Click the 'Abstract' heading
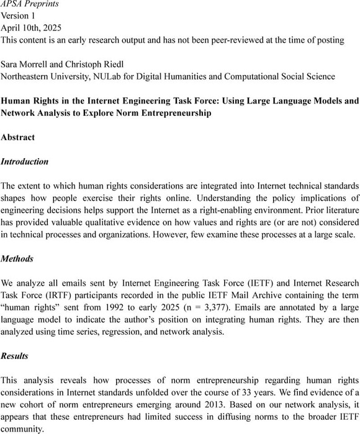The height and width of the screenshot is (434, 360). pyautogui.click(x=18, y=137)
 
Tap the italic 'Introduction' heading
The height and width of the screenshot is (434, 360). pyautogui.click(x=24, y=161)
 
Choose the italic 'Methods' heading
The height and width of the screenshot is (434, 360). pyautogui.click(x=18, y=259)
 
